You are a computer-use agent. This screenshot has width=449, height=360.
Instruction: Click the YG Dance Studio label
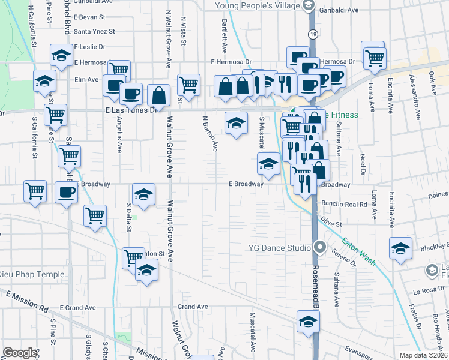(x=279, y=247)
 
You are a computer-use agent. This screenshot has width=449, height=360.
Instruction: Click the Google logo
(x=20, y=353)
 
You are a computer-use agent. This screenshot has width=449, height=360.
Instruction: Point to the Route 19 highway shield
(x=313, y=35)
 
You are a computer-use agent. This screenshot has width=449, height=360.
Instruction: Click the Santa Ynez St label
(x=94, y=31)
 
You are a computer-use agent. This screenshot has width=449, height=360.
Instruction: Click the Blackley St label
(x=434, y=246)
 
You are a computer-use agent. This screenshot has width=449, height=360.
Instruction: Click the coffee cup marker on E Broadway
(x=66, y=193)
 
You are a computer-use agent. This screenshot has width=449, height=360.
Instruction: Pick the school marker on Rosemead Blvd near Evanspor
(x=308, y=322)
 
